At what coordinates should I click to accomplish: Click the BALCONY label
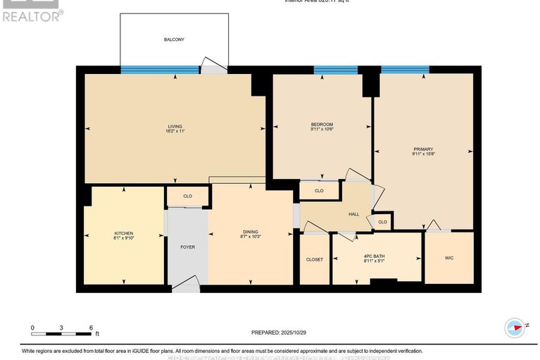click(174, 39)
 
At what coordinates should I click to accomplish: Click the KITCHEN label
click(124, 233)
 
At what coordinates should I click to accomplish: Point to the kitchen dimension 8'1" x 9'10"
click(124, 239)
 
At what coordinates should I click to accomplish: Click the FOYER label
click(187, 247)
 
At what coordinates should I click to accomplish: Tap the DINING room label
click(251, 232)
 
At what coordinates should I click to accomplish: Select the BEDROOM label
click(322, 124)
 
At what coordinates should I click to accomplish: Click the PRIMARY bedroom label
click(422, 149)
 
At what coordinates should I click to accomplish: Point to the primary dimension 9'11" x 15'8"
click(422, 154)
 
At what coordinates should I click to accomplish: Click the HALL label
click(353, 214)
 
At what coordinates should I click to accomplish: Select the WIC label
click(449, 258)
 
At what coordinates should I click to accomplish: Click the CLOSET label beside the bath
click(314, 259)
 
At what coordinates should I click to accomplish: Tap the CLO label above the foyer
click(187, 197)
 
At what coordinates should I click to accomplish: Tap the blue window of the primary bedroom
click(405, 70)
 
